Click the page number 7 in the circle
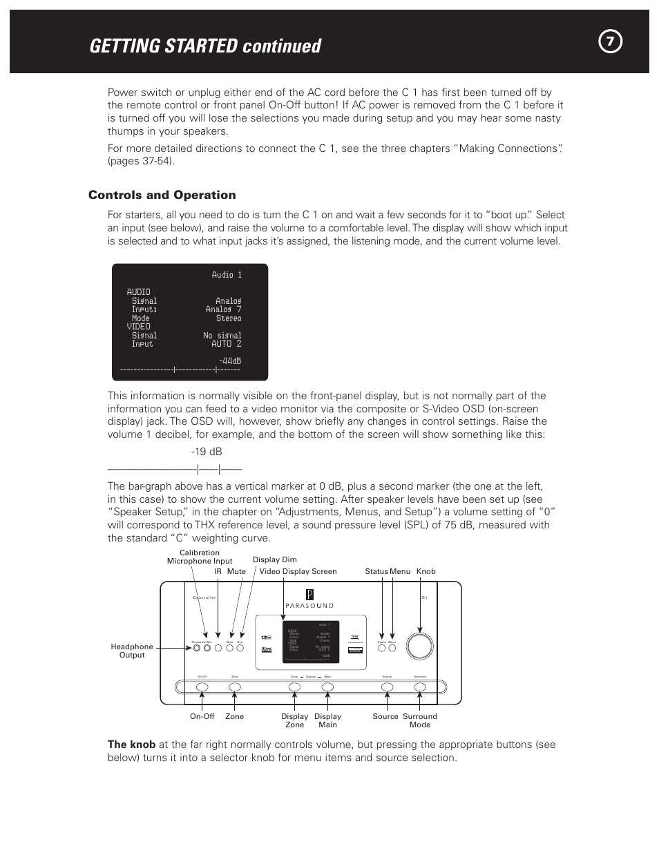pos(610,42)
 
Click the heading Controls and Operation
pos(162,195)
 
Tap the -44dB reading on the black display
pos(229,361)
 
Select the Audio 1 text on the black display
pos(227,275)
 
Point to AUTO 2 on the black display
pos(226,343)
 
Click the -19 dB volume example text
pos(207,452)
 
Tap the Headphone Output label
pos(132,651)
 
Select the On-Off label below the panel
pos(202,716)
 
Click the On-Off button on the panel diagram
pos(202,687)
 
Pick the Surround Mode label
pos(419,720)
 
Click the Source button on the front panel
pos(387,687)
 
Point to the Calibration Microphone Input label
pos(200,557)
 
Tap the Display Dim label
pos(274,559)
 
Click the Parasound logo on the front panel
pos(309,599)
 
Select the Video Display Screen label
pos(298,571)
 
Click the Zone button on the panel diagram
pos(235,687)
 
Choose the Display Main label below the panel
pos(327,720)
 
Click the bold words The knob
pos(131,745)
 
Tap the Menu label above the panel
pos(400,571)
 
